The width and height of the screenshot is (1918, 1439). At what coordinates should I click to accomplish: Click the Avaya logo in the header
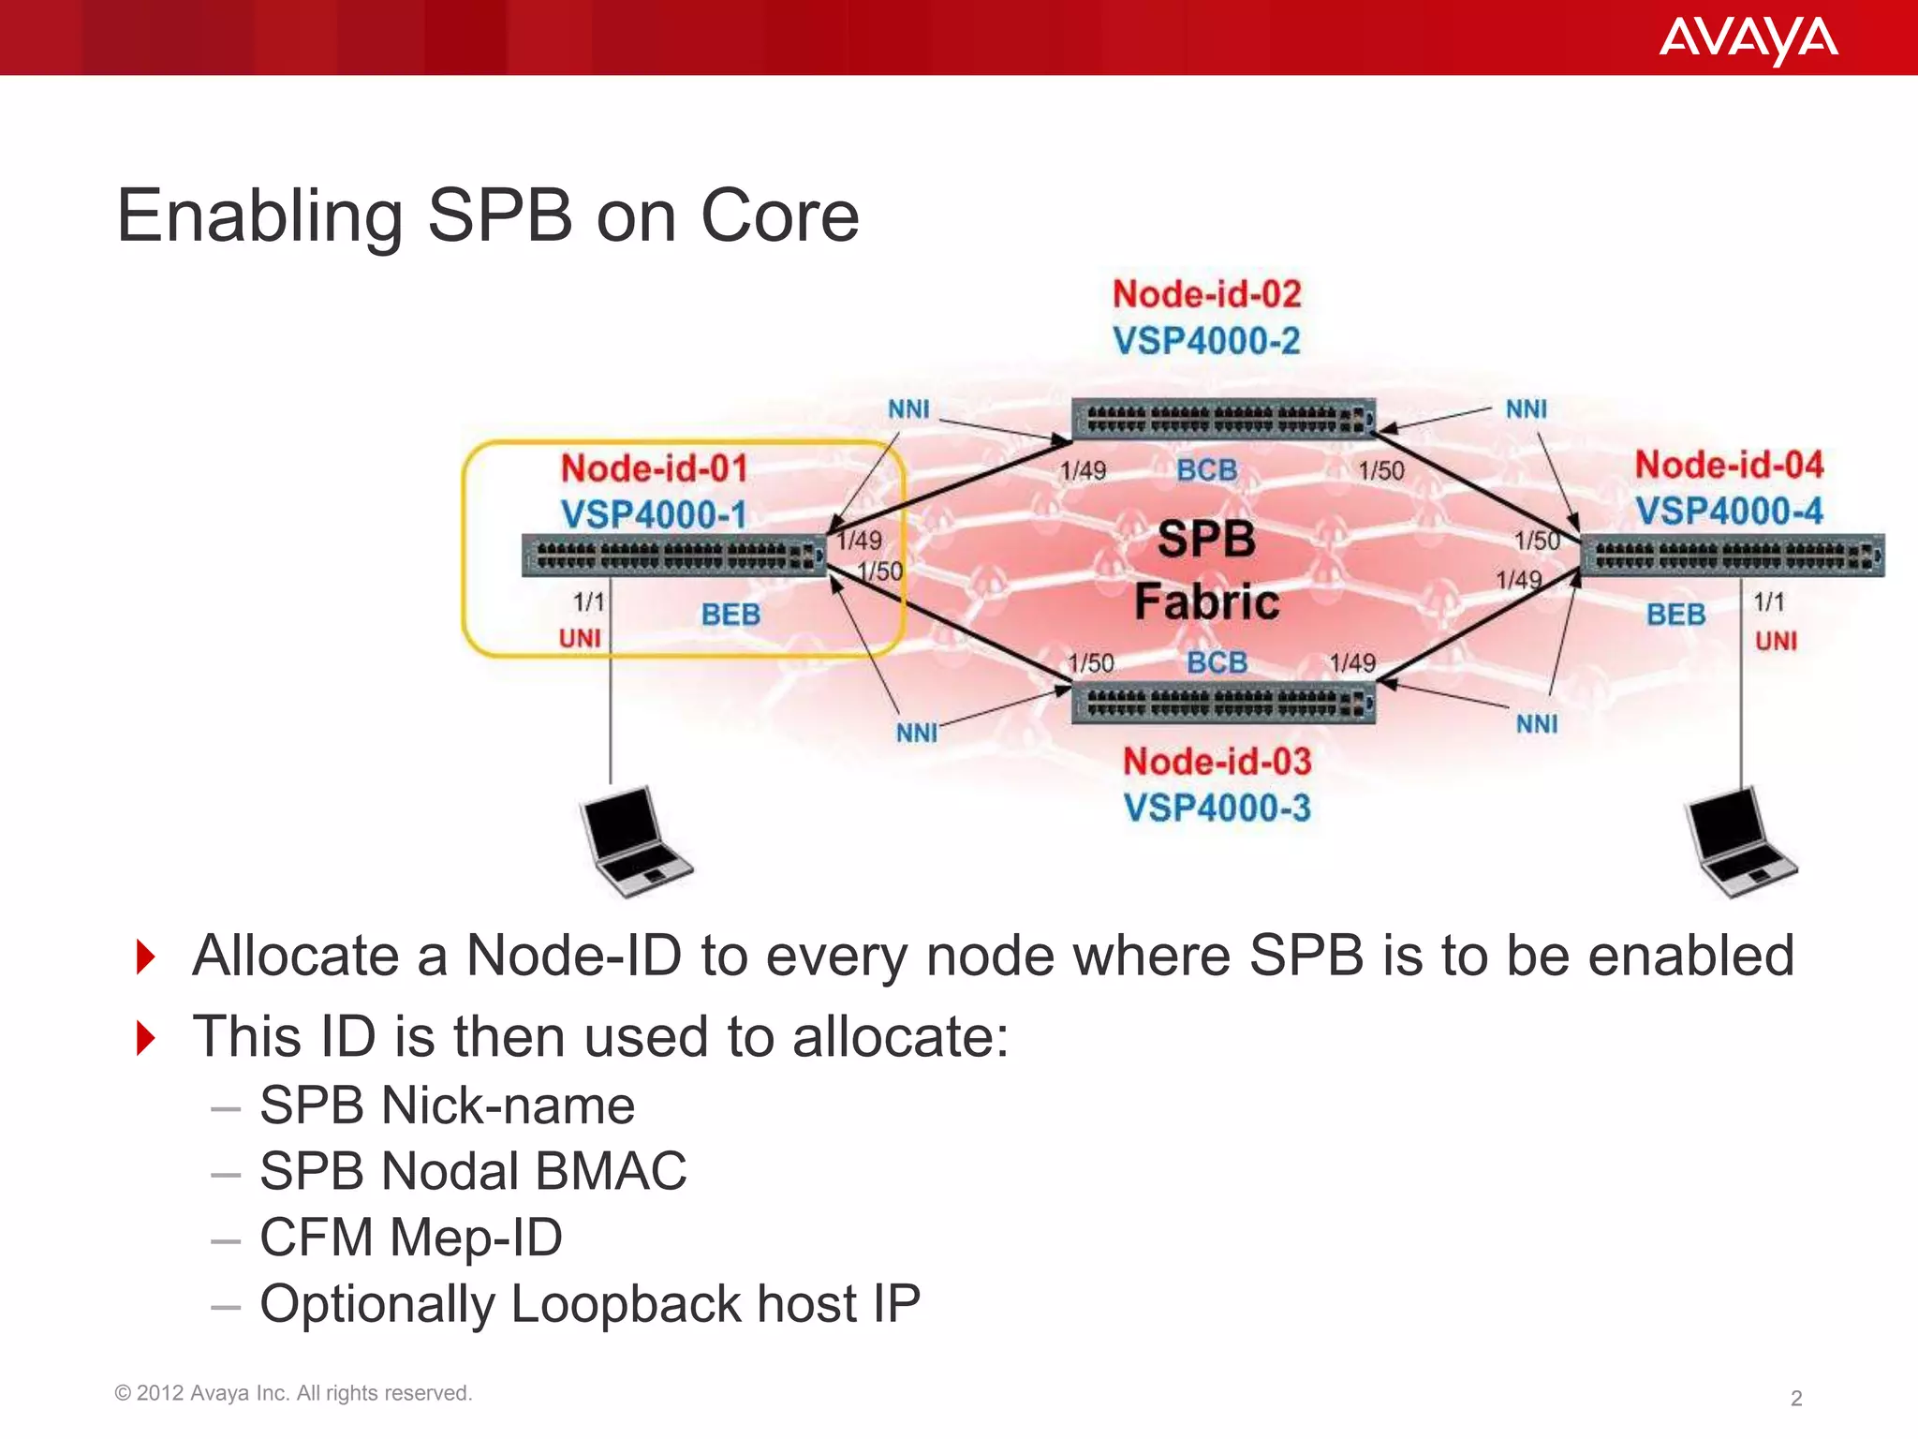click(1748, 39)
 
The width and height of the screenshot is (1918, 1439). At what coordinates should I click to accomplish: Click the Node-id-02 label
click(1206, 294)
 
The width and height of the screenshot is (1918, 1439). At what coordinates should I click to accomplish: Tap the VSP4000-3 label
click(1217, 808)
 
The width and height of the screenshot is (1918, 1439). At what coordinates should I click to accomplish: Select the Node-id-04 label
click(1729, 465)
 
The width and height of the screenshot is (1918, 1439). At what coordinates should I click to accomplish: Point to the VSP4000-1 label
click(654, 514)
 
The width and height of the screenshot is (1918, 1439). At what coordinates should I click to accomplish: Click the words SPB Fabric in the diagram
click(1206, 570)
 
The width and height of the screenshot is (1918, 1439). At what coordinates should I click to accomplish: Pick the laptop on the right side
click(1739, 841)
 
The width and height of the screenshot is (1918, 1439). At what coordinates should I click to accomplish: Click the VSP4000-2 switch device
click(1223, 418)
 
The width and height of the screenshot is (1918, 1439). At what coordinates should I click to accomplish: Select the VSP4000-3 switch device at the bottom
click(1223, 703)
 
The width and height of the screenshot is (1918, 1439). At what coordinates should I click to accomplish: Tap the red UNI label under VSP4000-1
click(580, 639)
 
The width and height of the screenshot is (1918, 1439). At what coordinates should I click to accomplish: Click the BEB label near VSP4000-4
click(1675, 615)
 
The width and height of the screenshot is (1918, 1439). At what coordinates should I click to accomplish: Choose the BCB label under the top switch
click(1206, 469)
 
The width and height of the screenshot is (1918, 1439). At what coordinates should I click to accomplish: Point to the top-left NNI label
click(908, 409)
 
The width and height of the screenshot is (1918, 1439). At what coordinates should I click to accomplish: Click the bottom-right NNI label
click(1537, 724)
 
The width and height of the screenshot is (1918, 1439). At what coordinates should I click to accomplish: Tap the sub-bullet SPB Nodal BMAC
click(473, 1171)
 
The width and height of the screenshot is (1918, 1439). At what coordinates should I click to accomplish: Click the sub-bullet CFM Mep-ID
click(411, 1237)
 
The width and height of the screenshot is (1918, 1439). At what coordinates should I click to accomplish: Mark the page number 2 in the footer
click(1795, 1398)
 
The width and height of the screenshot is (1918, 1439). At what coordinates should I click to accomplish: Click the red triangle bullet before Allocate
click(145, 957)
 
